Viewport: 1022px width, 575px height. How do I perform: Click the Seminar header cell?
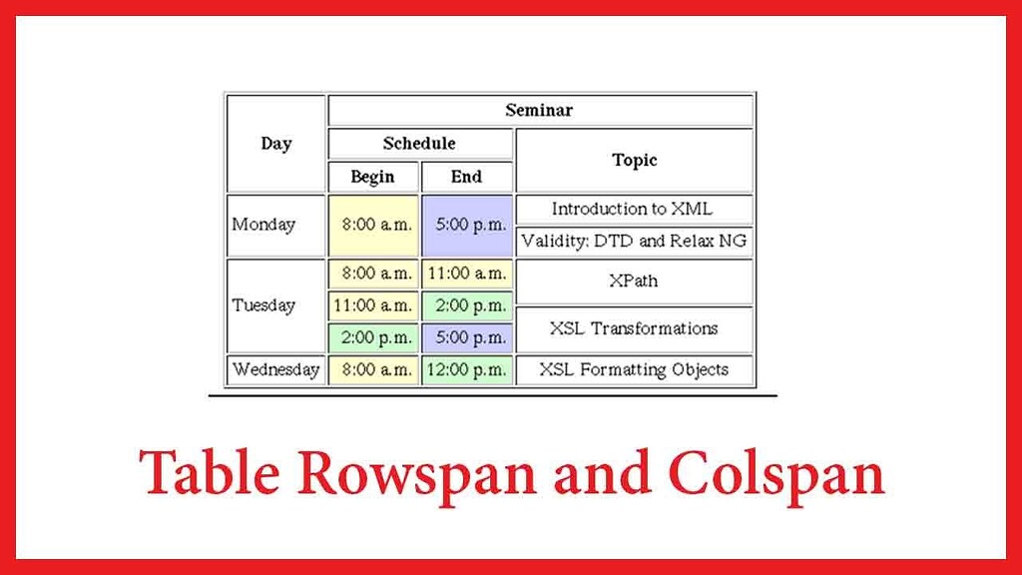point(540,110)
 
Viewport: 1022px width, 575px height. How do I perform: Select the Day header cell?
point(275,144)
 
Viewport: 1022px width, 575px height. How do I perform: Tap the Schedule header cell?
point(420,144)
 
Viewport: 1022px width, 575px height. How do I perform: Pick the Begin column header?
point(373,177)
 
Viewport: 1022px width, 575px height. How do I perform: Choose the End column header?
point(467,177)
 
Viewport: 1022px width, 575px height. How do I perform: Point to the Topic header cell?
point(634,161)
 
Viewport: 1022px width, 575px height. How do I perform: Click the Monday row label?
point(275,226)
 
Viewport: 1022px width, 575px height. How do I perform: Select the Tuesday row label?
point(275,305)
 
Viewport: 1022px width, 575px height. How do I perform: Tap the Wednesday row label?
point(275,370)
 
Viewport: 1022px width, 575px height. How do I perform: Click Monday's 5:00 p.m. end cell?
point(467,226)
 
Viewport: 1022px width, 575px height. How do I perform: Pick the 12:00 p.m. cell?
point(467,370)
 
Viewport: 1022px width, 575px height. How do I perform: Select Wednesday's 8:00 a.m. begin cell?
point(373,370)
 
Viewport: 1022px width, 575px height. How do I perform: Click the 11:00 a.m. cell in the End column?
point(467,274)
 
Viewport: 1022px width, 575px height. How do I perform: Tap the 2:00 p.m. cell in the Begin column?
point(373,337)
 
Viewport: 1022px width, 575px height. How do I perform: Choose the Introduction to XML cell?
point(634,210)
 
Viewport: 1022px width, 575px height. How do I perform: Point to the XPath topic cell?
point(634,282)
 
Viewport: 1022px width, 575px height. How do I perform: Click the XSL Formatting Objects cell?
point(634,370)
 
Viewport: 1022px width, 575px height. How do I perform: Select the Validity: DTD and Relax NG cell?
point(634,242)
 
